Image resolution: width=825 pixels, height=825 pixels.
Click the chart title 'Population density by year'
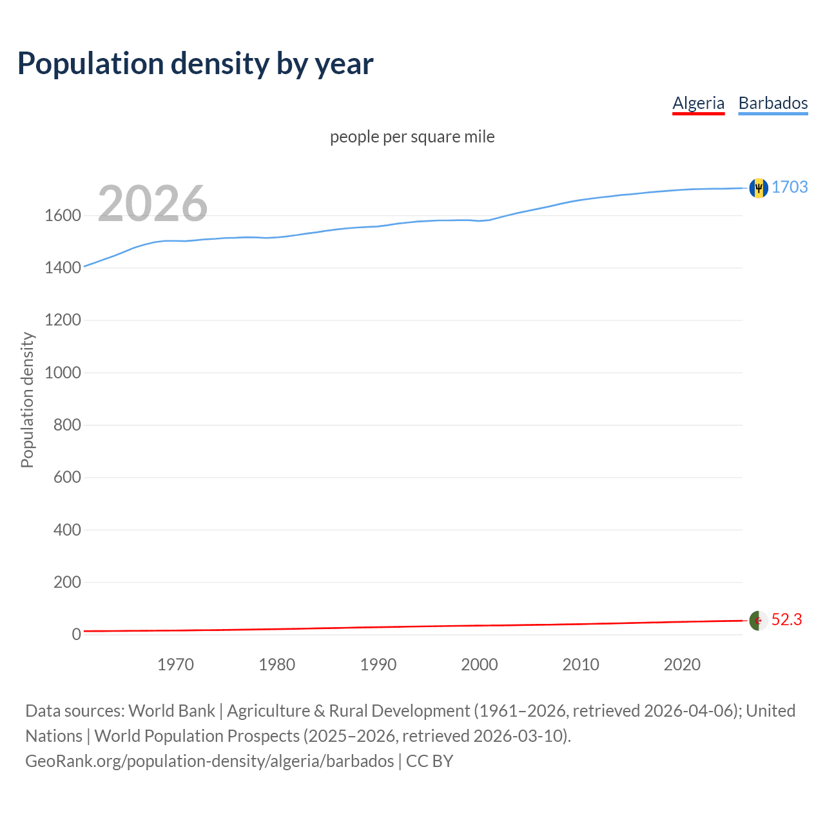click(195, 63)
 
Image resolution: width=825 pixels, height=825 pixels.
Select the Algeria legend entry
click(698, 103)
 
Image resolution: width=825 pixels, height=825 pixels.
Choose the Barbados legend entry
click(773, 103)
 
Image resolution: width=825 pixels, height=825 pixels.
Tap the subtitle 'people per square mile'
click(412, 137)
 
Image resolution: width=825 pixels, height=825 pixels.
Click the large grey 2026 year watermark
click(153, 204)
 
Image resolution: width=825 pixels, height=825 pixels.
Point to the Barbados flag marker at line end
click(759, 188)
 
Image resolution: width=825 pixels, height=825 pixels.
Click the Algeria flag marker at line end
click(759, 620)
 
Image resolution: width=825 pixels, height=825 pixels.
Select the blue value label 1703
click(790, 187)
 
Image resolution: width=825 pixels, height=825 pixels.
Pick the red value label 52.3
click(786, 619)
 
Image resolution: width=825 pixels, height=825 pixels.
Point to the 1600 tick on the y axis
click(63, 216)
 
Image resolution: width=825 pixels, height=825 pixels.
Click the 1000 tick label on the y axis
click(63, 373)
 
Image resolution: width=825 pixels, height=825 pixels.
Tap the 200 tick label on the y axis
click(67, 582)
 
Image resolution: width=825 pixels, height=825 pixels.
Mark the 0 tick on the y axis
click(76, 634)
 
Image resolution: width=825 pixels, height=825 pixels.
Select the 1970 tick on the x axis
click(175, 665)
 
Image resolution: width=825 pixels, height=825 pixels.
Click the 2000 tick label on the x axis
click(479, 665)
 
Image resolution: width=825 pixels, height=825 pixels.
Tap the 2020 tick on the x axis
click(682, 665)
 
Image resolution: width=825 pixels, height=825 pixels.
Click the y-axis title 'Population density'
click(27, 400)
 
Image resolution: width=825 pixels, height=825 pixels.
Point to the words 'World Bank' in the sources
click(171, 711)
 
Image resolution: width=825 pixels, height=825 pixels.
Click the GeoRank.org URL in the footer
click(209, 761)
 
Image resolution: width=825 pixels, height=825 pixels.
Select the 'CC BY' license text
click(430, 761)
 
